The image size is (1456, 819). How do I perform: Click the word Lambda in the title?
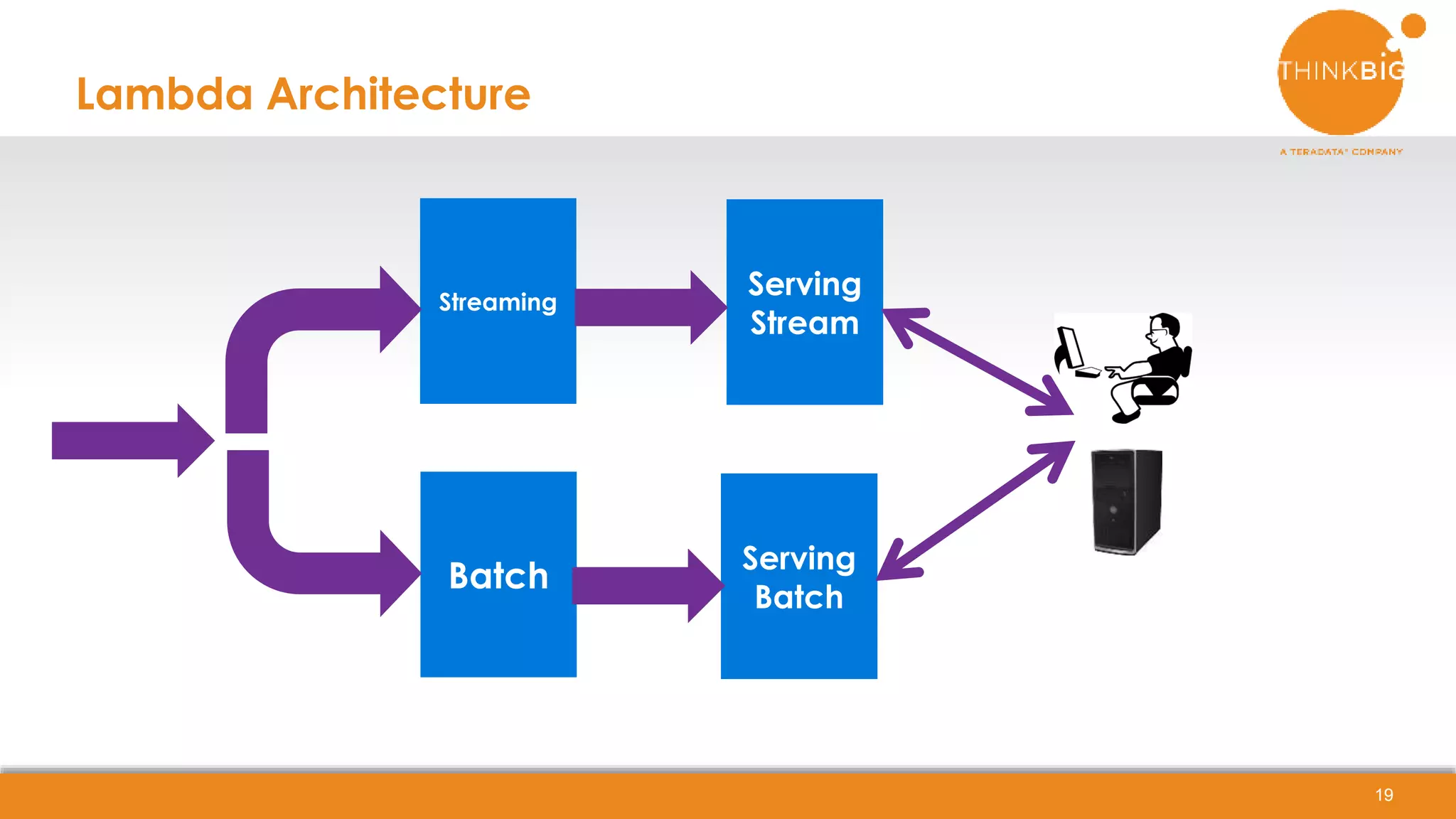[164, 94]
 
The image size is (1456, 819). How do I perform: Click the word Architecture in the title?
[398, 94]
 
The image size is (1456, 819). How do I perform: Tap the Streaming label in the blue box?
[498, 302]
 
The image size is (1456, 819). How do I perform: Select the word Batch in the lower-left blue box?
[498, 575]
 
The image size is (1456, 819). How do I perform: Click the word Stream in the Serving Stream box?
[804, 323]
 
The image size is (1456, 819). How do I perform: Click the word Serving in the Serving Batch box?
[798, 558]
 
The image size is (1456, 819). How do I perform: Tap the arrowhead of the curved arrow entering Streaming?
[398, 309]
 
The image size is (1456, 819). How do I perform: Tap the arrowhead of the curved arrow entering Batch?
[398, 573]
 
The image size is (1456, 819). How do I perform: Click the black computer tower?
[1127, 502]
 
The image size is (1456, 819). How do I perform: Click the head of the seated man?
[1165, 328]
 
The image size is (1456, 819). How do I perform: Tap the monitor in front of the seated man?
[1069, 348]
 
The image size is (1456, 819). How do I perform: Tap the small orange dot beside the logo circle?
[1413, 26]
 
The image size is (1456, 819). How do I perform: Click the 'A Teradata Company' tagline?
[1341, 151]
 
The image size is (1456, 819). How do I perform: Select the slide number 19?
[1383, 795]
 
